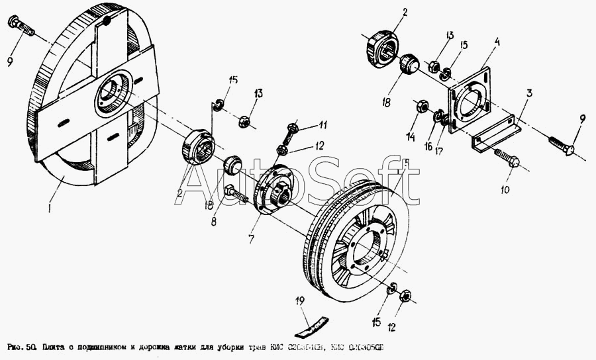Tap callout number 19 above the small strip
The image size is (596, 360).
(300, 301)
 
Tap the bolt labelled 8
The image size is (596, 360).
(234, 194)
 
